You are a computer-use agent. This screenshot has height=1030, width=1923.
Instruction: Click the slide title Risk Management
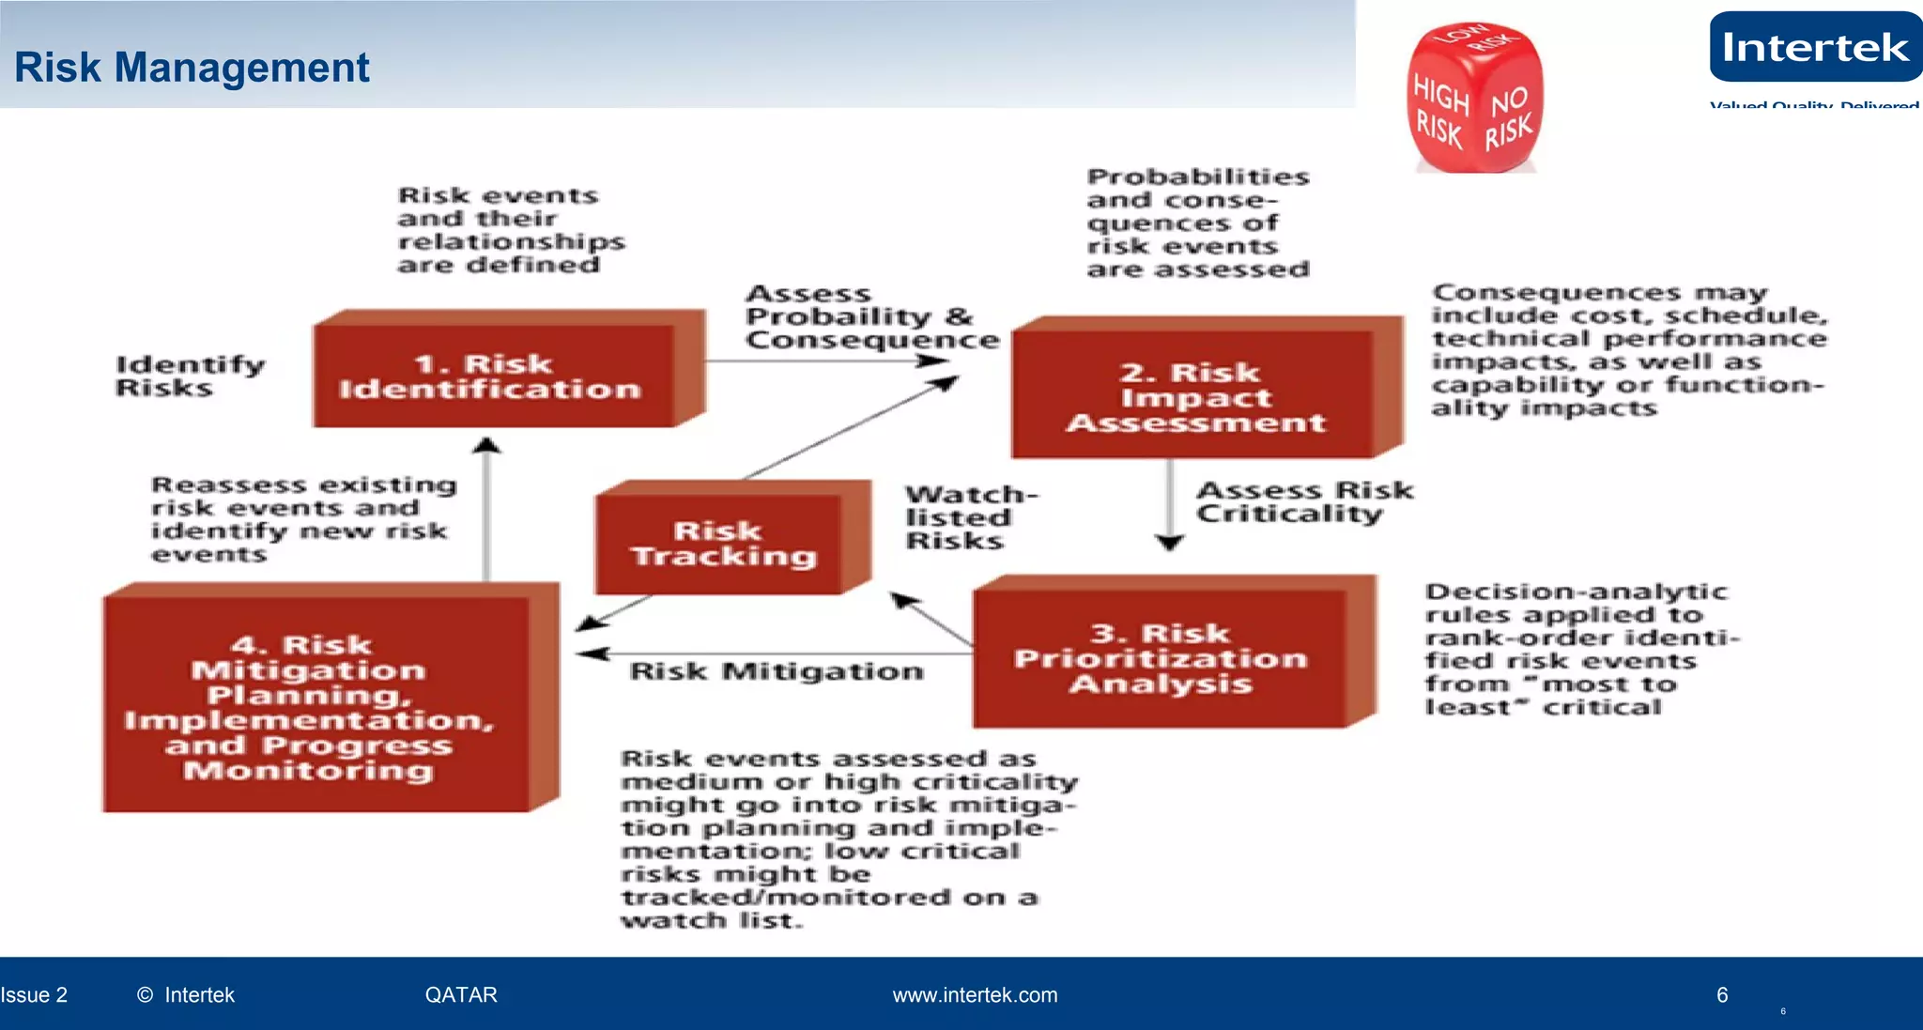[x=192, y=68]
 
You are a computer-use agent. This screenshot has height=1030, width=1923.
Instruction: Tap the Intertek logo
[x=1814, y=48]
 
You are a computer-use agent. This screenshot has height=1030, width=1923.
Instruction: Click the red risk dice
[x=1473, y=100]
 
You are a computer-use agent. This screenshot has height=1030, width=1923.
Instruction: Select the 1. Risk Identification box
[x=493, y=377]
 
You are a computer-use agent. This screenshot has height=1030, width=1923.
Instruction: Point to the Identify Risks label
[x=190, y=376]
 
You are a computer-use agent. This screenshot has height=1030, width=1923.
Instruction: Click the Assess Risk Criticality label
[x=1303, y=502]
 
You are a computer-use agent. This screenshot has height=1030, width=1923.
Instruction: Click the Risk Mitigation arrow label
[x=776, y=671]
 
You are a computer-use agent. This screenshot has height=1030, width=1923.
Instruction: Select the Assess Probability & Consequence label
[x=871, y=317]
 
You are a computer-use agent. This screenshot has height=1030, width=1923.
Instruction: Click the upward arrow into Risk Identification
[x=486, y=507]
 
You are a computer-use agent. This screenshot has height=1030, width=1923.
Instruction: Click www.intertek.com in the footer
[x=975, y=995]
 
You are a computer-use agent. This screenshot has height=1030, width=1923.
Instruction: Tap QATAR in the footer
[x=461, y=995]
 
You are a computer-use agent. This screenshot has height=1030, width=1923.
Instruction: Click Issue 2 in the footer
[x=34, y=995]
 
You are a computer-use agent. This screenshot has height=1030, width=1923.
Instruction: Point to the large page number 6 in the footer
[x=1721, y=995]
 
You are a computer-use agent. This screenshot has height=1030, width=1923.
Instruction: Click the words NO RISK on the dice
[x=1509, y=117]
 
